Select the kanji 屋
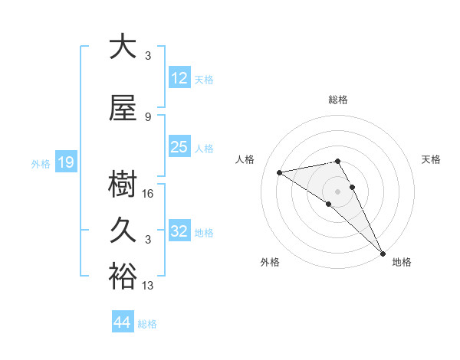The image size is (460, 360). click(123, 109)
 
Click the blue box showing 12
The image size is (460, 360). click(179, 77)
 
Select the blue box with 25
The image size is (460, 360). click(179, 147)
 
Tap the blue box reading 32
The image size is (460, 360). click(179, 231)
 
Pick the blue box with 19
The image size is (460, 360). click(65, 162)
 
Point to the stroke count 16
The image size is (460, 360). click(149, 194)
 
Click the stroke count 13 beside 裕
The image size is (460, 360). click(149, 286)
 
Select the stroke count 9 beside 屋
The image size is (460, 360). click(147, 116)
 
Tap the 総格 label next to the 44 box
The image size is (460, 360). click(147, 324)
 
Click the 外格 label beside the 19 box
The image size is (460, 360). click(40, 163)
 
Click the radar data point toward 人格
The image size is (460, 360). click(280, 172)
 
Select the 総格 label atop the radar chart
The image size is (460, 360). click(337, 100)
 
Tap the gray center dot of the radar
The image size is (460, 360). click(337, 190)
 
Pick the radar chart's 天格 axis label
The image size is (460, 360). click(431, 159)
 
